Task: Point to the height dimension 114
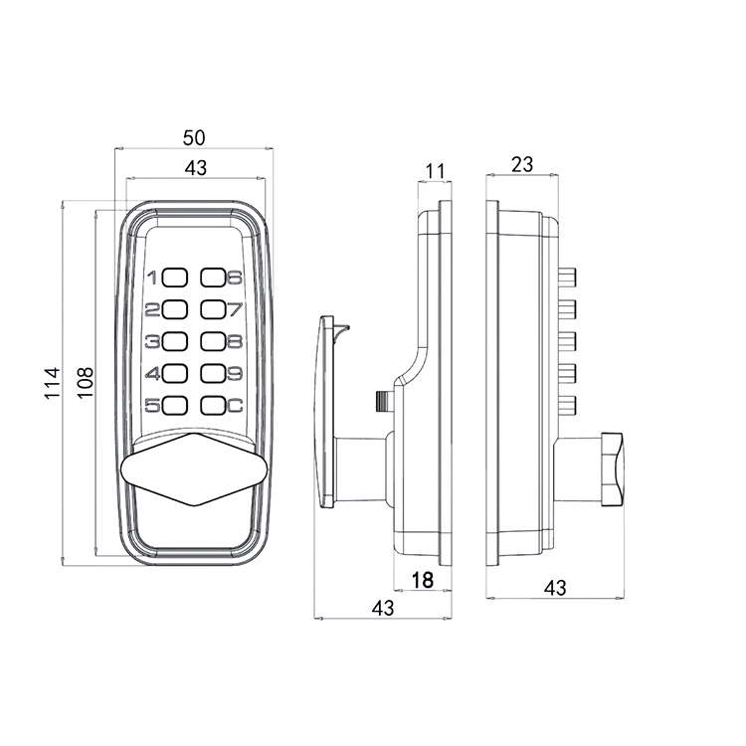55,382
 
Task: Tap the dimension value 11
434,170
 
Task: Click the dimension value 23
521,164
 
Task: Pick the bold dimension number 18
422,579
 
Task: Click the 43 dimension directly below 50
196,168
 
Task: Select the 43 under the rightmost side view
555,588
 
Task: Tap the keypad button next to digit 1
176,279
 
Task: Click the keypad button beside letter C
214,405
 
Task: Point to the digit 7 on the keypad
235,309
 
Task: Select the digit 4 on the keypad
152,375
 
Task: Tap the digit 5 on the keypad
152,406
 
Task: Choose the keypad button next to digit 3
176,342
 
